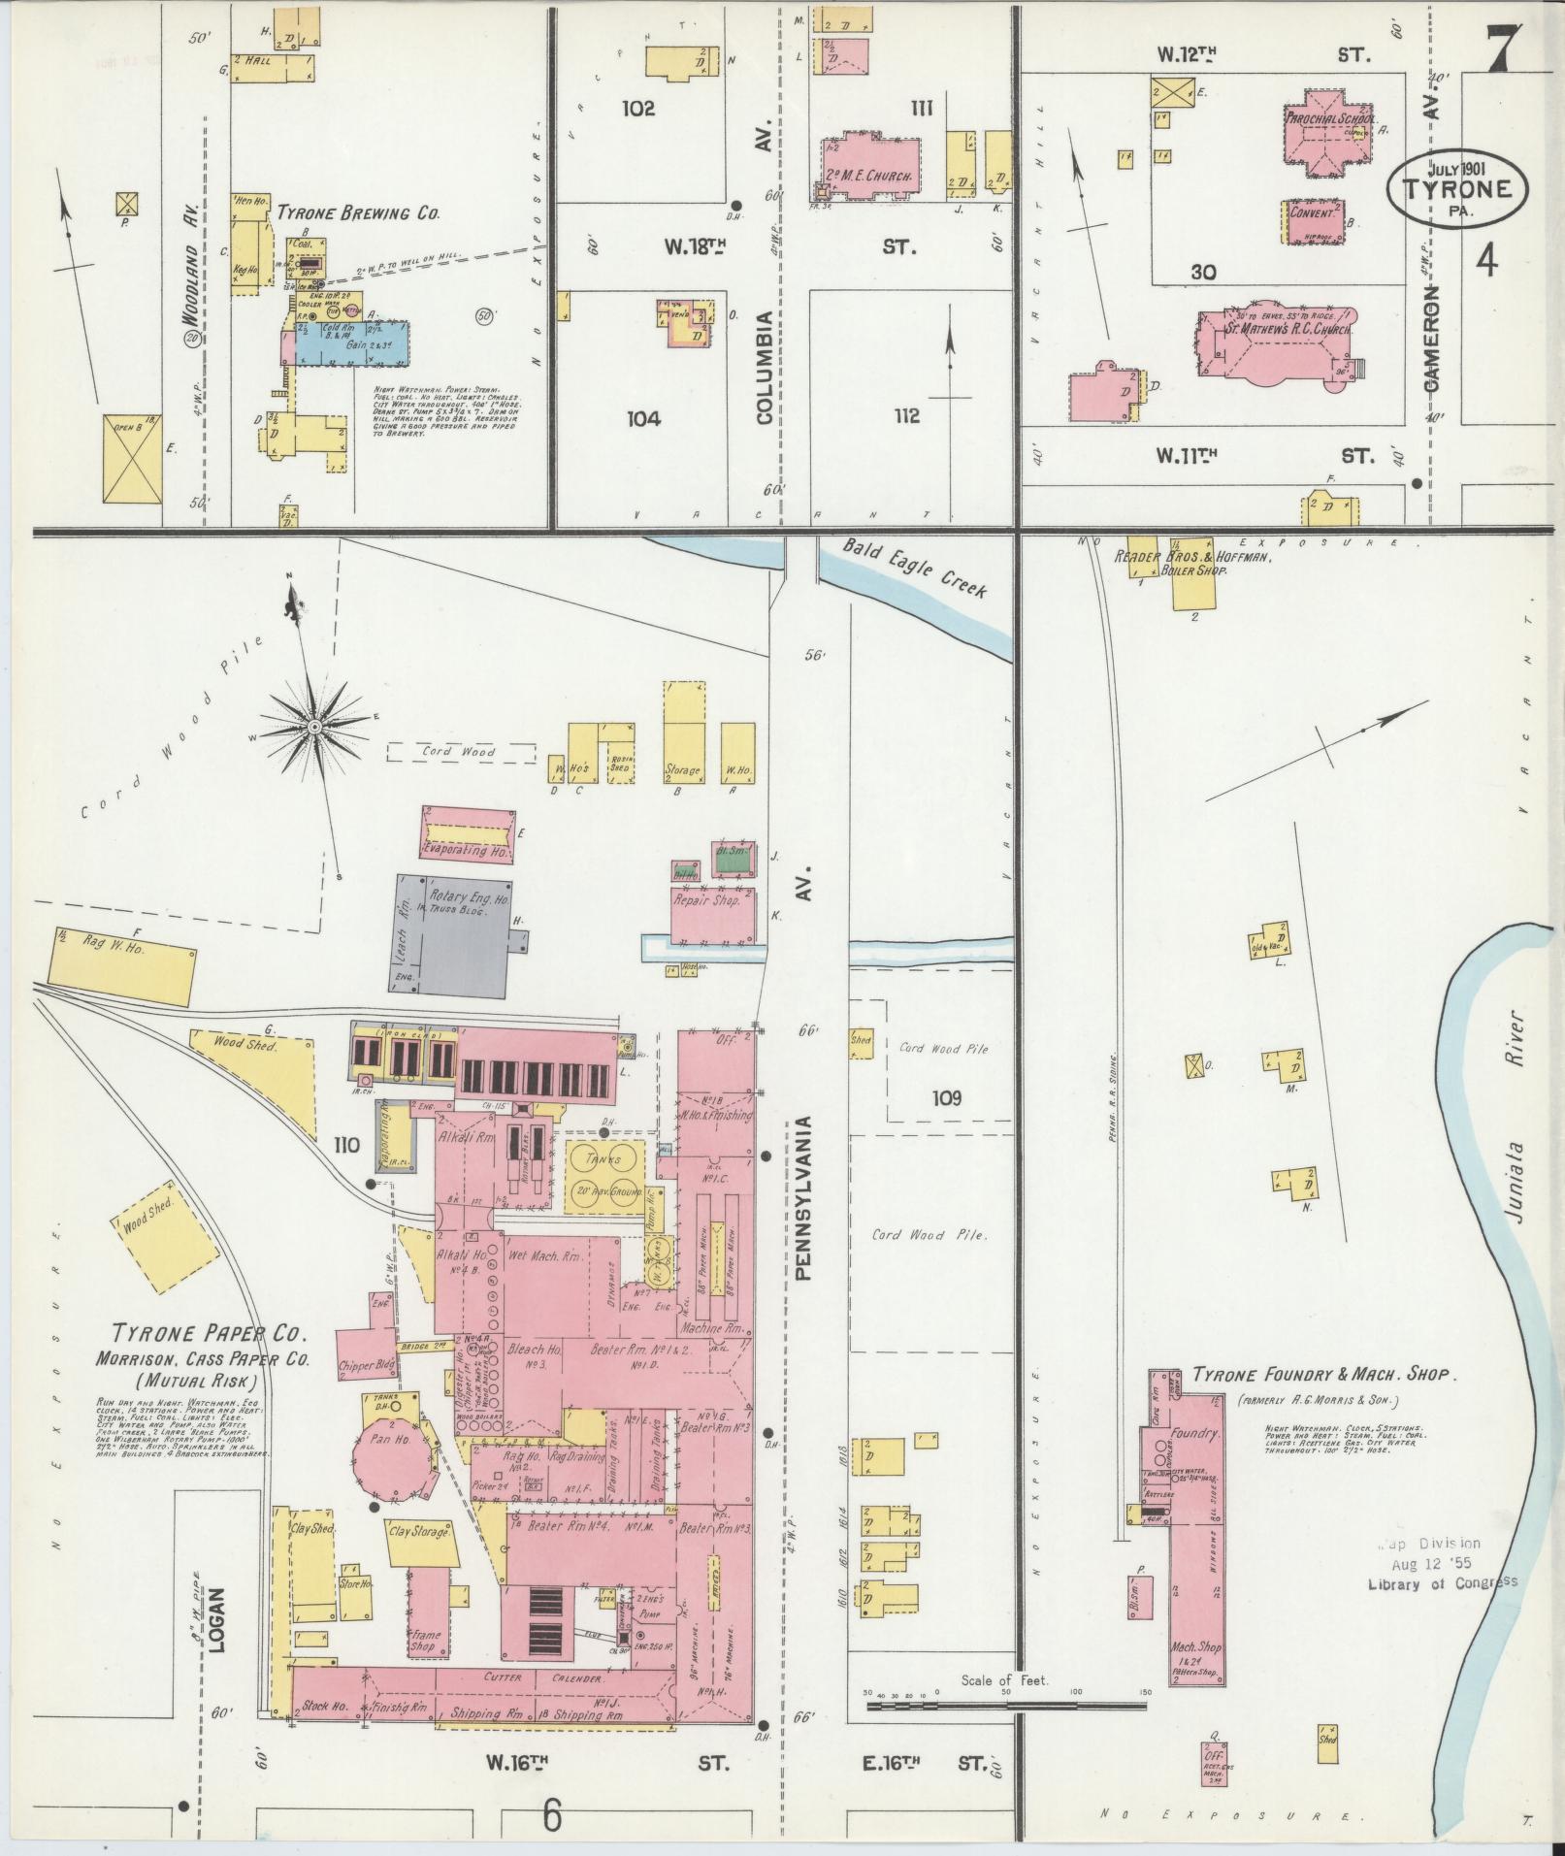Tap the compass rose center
pos(314,727)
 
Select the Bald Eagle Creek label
pos(913,569)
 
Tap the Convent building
pos(1314,222)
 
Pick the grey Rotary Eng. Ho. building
pos(456,932)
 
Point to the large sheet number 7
pos(1499,46)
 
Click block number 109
pos(946,1098)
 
